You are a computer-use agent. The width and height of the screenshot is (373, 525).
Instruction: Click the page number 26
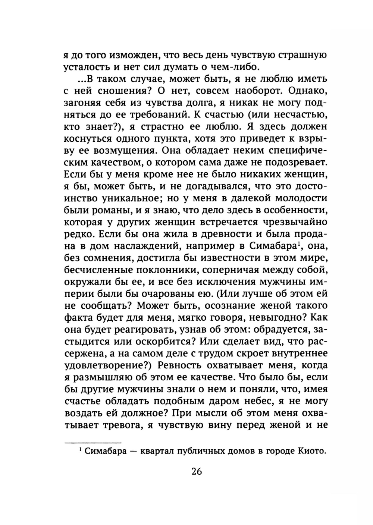197,471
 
